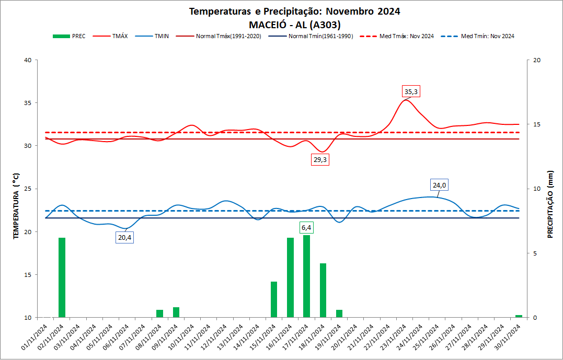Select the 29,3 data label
[319, 160]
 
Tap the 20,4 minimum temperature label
[124, 237]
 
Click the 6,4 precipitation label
[307, 228]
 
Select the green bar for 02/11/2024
[62, 277]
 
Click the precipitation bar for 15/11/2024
[274, 299]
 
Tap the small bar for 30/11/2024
[519, 316]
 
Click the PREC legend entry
[70, 37]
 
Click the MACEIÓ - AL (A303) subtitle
[295, 24]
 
